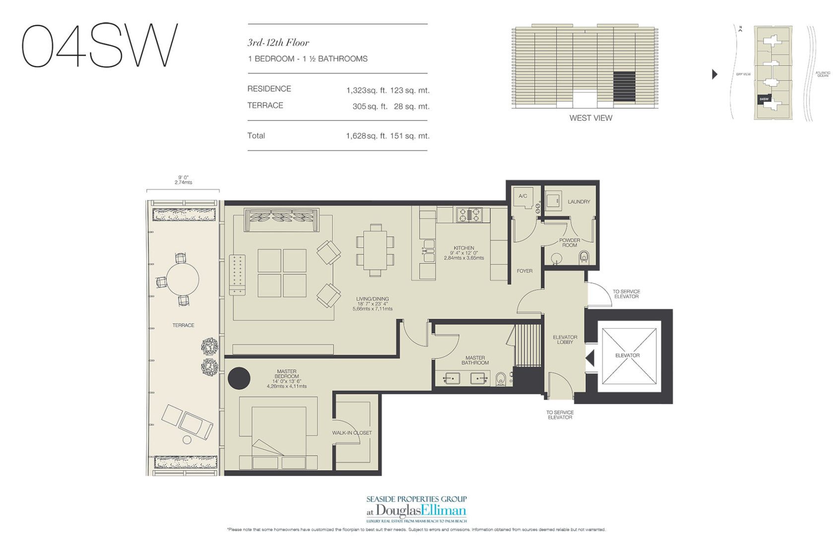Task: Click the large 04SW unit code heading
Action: (x=99, y=46)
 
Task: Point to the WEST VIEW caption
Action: (x=590, y=118)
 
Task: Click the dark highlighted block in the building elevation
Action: (x=624, y=87)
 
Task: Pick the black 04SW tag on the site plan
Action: (x=764, y=99)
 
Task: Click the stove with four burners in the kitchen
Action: (x=469, y=214)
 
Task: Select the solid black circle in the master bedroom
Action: (x=239, y=378)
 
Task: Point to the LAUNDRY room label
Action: (x=578, y=201)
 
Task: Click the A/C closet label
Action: (x=522, y=196)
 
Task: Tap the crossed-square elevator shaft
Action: (x=627, y=356)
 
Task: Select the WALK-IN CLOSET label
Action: (x=352, y=433)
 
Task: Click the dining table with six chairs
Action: (x=375, y=250)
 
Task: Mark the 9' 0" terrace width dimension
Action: (x=183, y=180)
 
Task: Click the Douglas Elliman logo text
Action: (x=421, y=510)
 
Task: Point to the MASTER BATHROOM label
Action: (x=475, y=360)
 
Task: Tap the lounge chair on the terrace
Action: (x=188, y=422)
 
